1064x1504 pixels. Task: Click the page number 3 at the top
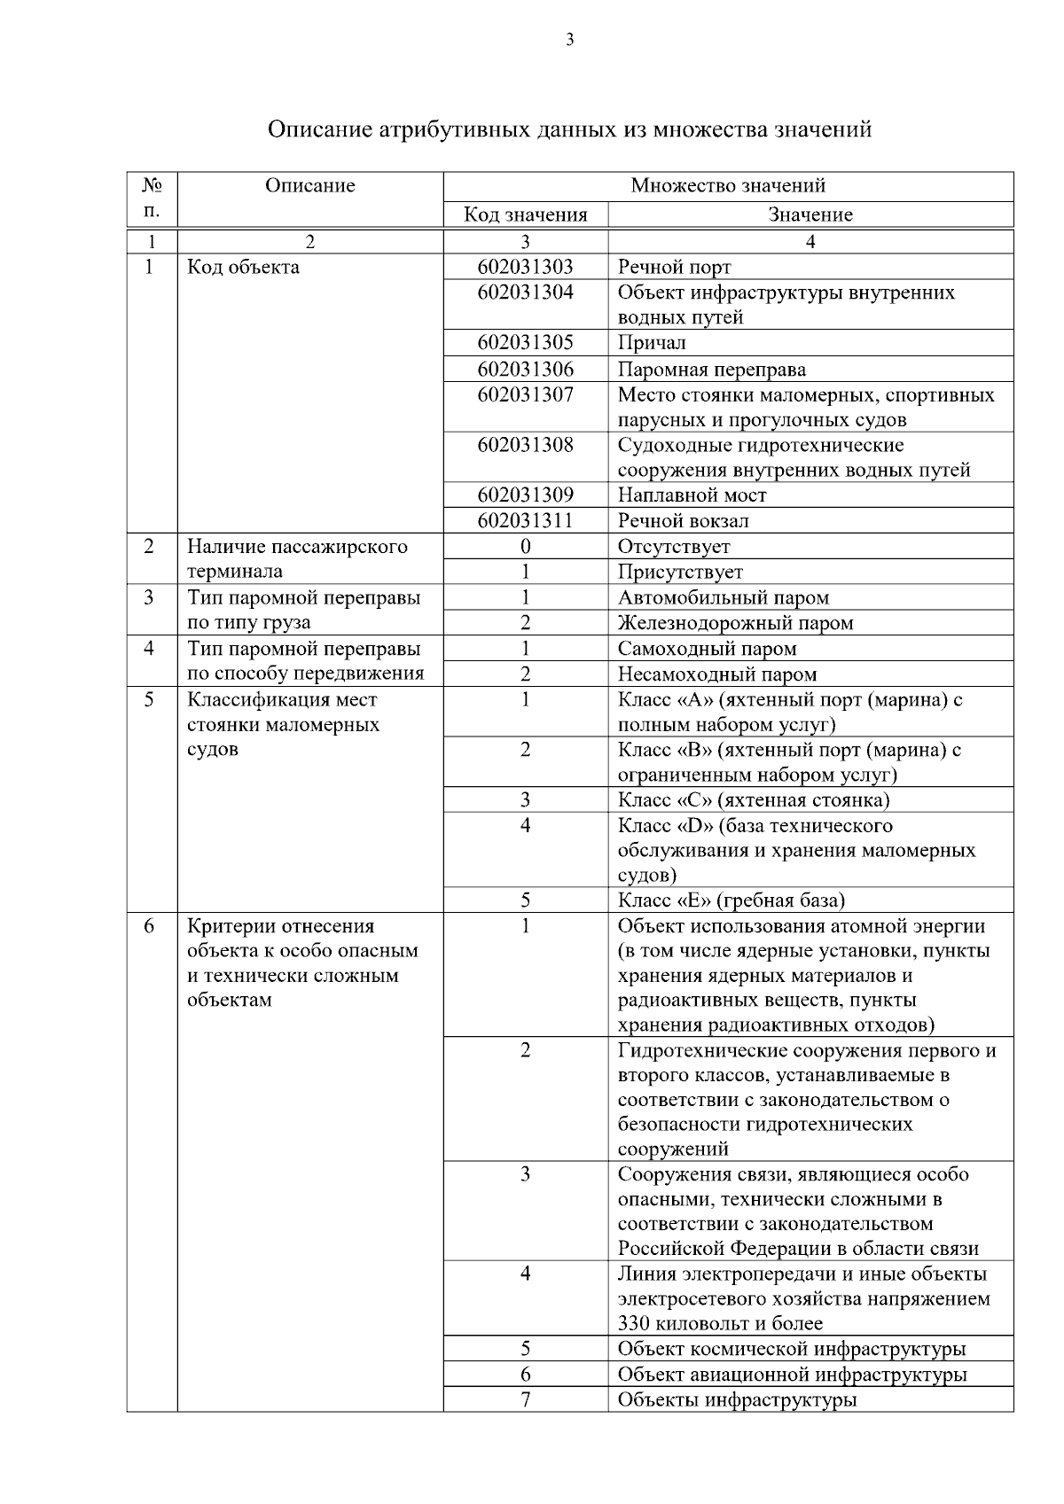pyautogui.click(x=569, y=39)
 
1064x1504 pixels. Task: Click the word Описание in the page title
pyautogui.click(x=320, y=129)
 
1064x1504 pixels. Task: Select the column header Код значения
pyautogui.click(x=526, y=214)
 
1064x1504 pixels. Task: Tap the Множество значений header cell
pyautogui.click(x=728, y=185)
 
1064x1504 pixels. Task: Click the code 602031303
pyautogui.click(x=525, y=267)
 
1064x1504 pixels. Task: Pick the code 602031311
pyautogui.click(x=525, y=520)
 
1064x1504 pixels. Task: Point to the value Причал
pyautogui.click(x=652, y=343)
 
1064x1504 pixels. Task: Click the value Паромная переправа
pyautogui.click(x=711, y=369)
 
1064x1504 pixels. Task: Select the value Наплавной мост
pyautogui.click(x=692, y=495)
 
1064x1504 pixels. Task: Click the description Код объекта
pyautogui.click(x=243, y=267)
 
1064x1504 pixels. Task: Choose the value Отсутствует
pyautogui.click(x=674, y=546)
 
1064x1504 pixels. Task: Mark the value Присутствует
pyautogui.click(x=680, y=572)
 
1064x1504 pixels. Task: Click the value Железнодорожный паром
pyautogui.click(x=735, y=622)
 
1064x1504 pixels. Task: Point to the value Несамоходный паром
pyautogui.click(x=716, y=674)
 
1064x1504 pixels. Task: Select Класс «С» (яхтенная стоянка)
pyautogui.click(x=754, y=799)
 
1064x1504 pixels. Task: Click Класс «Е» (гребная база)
pyautogui.click(x=731, y=900)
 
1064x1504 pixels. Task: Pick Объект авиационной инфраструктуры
pyautogui.click(x=792, y=1375)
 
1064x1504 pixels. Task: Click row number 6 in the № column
pyautogui.click(x=149, y=926)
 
